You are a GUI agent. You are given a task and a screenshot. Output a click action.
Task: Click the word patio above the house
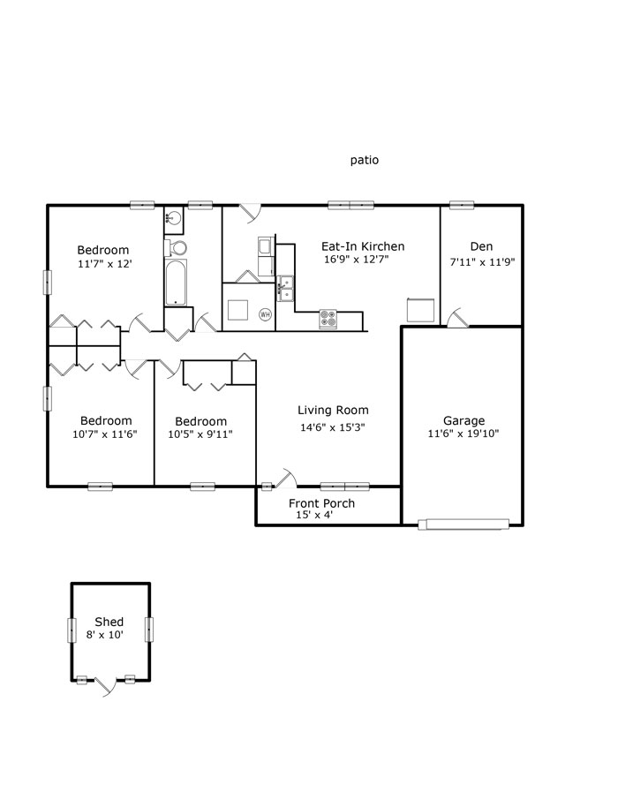coord(365,160)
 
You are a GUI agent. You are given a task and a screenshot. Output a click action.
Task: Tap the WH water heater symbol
coord(265,314)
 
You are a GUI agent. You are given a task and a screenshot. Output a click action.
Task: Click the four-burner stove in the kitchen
coord(328,320)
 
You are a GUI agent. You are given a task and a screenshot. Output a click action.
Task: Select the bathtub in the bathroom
coord(176,283)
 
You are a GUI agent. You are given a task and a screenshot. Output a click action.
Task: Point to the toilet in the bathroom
coord(176,248)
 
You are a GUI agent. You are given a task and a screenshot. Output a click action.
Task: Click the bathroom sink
coord(173,217)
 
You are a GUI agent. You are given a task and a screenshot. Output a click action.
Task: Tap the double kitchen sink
coord(285,288)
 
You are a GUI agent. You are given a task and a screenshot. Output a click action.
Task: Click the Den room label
coord(481,247)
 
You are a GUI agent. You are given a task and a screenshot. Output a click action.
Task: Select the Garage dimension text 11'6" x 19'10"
coord(463,434)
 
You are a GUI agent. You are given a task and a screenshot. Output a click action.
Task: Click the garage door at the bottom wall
coord(463,524)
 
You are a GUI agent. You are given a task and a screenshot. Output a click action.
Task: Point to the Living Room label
coord(333,411)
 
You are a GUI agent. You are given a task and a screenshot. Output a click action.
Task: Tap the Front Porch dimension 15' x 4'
coord(314,515)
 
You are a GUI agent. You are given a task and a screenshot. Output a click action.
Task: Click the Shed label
coord(109,622)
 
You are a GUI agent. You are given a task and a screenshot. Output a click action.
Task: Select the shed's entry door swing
coord(107,685)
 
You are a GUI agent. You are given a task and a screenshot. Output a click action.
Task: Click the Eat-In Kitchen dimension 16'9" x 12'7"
coord(356,260)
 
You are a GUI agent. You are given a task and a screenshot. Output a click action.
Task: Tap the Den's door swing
coord(457,318)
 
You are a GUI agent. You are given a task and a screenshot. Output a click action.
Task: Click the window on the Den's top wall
coord(462,205)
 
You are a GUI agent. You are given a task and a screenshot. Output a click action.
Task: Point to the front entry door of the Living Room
coord(286,478)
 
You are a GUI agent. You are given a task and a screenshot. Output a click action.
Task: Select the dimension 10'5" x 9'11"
coord(200,434)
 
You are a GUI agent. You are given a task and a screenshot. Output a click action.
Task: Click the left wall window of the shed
coord(72,630)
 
